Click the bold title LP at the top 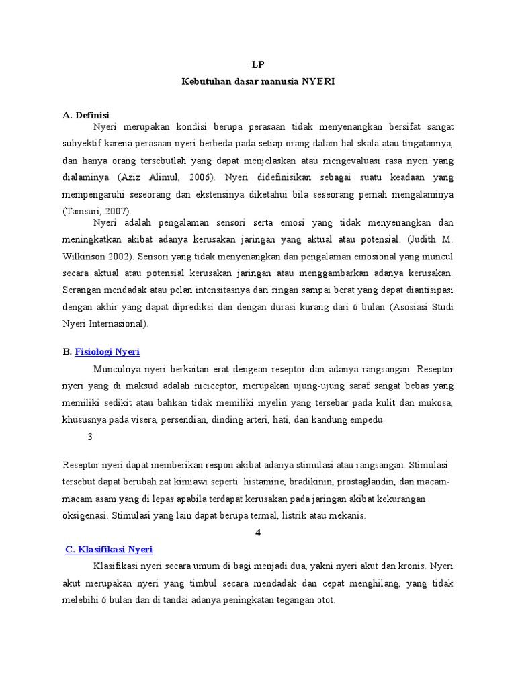tap(258, 65)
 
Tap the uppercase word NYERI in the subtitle tap(317, 81)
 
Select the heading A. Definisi tap(86, 115)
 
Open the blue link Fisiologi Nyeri tap(107, 352)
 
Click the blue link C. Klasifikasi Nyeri tap(109, 549)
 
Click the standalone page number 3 tap(90, 437)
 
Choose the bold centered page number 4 tap(258, 533)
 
